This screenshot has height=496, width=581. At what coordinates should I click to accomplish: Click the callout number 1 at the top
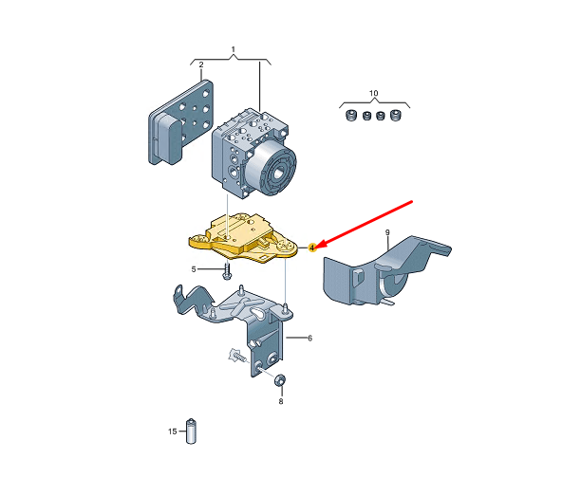[234, 49]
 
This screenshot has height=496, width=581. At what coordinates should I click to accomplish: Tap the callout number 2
[201, 64]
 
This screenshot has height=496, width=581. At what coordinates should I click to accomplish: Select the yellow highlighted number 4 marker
[312, 248]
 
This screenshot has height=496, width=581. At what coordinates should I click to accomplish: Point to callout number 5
[194, 269]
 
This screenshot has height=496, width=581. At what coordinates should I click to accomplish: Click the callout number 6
[309, 338]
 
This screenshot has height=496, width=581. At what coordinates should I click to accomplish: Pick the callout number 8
[281, 401]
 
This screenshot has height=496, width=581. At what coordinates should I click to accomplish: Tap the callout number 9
[387, 232]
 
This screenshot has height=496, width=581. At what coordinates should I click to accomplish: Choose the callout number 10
[373, 93]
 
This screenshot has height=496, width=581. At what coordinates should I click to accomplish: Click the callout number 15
[172, 432]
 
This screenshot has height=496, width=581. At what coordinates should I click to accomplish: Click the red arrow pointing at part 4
[365, 224]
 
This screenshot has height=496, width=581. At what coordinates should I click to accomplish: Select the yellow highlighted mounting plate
[243, 238]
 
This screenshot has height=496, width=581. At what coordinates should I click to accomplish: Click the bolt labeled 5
[226, 271]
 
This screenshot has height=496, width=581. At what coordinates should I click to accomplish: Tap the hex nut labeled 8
[280, 379]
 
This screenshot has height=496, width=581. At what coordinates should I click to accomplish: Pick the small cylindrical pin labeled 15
[191, 432]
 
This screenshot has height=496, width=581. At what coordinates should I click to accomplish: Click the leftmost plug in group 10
[350, 116]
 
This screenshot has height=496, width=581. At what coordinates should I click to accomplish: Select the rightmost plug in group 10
[395, 116]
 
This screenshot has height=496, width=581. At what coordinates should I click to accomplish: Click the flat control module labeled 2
[180, 122]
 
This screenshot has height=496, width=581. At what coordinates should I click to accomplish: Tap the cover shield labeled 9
[385, 272]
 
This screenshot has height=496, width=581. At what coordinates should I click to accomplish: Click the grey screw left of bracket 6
[237, 356]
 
